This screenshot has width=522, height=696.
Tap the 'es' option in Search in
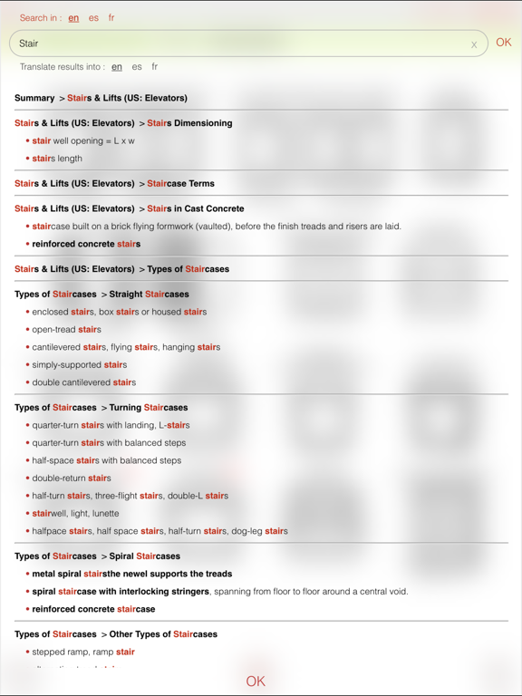[x=93, y=18]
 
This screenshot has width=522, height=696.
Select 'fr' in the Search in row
[x=111, y=18]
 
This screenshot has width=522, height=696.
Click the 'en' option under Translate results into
[x=117, y=67]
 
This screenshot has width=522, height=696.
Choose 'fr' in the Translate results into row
[x=155, y=67]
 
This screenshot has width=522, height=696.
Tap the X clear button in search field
[x=474, y=44]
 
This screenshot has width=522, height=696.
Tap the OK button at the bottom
[x=256, y=681]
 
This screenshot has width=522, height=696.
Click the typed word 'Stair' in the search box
[x=29, y=43]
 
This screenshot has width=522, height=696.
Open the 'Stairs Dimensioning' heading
[x=189, y=123]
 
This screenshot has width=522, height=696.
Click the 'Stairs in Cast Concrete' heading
[x=195, y=208]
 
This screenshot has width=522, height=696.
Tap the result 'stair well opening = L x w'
[x=83, y=141]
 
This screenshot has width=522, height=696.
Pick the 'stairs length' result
[x=57, y=159]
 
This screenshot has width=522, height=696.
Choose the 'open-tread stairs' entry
[x=66, y=330]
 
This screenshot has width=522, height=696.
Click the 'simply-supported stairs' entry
[x=79, y=365]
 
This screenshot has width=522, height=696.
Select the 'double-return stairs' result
[x=72, y=478]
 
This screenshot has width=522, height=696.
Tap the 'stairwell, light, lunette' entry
[x=75, y=514]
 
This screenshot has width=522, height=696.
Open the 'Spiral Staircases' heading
[x=144, y=556]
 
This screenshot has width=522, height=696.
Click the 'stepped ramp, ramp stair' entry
[x=83, y=652]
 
